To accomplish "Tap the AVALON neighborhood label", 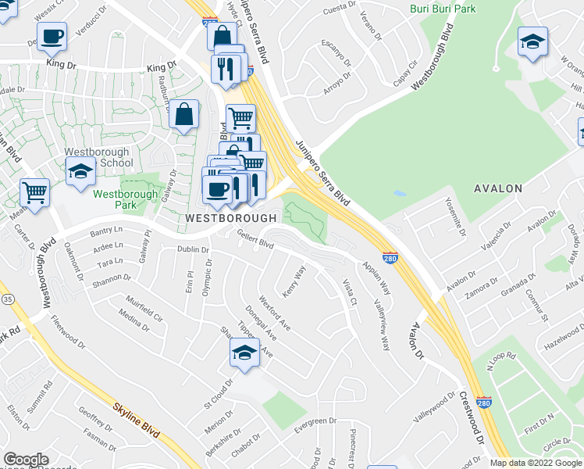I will pos(498,188).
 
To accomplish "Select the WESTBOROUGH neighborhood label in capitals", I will pos(232,219).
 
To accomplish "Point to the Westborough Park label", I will pos(119,199).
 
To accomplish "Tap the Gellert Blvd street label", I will pos(255,244).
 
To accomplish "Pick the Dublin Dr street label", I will pos(194,250).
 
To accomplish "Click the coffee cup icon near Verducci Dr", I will pos(52,36).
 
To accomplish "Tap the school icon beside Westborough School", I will pos(80,170).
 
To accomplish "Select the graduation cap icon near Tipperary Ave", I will pos(245,353).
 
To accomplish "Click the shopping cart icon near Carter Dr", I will pos(34,192).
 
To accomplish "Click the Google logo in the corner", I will pos(27,460).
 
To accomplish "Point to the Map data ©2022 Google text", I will pos(535,463).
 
